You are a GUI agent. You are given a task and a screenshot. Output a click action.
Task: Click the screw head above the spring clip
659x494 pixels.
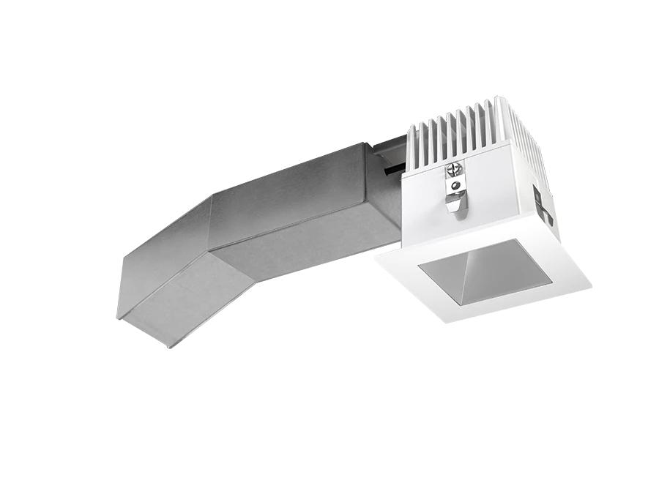454,170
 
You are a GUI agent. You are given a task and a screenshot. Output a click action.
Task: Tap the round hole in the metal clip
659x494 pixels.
456,187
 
